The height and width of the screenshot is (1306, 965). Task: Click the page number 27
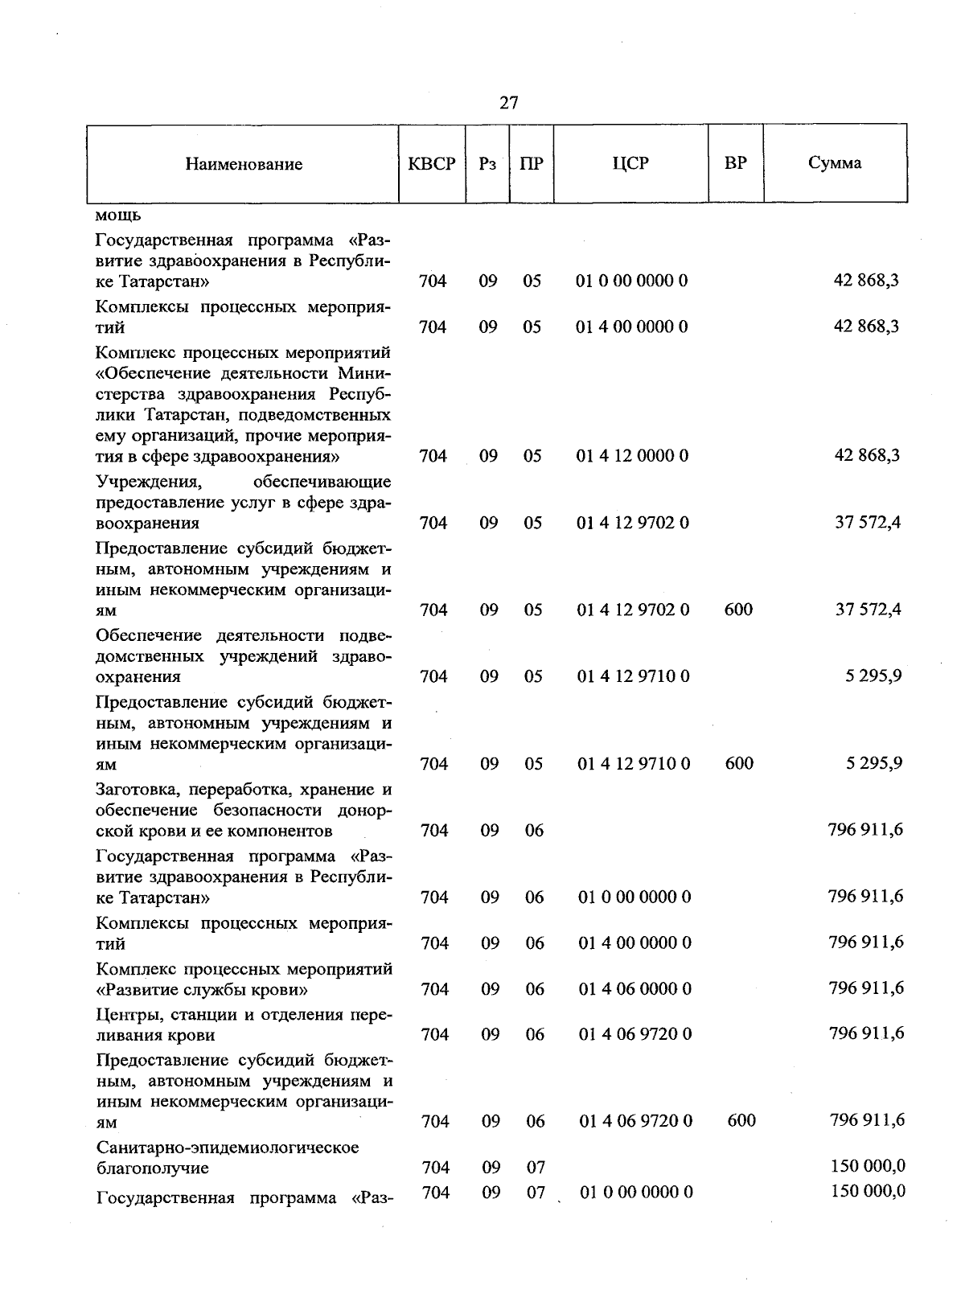click(508, 103)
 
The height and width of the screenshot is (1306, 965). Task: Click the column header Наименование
click(244, 164)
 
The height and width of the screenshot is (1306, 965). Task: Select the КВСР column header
click(432, 163)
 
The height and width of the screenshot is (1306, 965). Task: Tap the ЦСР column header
click(630, 163)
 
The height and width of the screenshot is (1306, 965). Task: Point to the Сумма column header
click(835, 163)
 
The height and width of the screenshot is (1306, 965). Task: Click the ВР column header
click(735, 163)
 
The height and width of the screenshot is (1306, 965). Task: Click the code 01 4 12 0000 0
click(632, 456)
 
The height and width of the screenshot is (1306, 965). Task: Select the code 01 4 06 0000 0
click(634, 989)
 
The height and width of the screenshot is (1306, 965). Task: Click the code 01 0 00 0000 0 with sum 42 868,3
click(632, 281)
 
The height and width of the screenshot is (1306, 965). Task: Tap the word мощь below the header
click(118, 216)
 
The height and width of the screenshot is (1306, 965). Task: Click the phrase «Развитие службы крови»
click(202, 989)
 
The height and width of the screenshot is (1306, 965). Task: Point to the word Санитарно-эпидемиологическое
click(228, 1147)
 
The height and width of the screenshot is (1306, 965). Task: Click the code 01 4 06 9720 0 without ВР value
click(634, 1034)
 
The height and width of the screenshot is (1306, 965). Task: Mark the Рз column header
click(487, 163)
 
